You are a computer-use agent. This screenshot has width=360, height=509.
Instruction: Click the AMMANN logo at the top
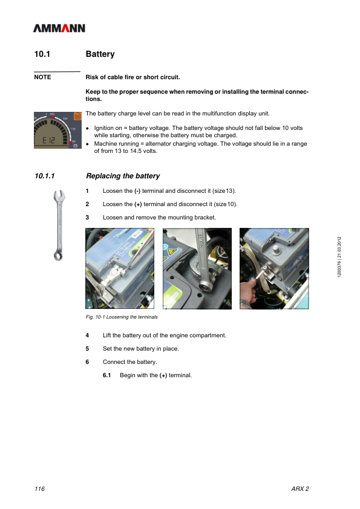coord(59,28)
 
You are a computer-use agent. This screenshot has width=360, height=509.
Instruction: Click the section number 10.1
coord(42,54)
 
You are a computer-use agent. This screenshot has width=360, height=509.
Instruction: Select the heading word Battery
coord(100,54)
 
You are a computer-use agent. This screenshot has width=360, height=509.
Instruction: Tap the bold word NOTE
coord(42,77)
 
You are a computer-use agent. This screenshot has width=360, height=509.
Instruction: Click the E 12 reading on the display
coord(49,140)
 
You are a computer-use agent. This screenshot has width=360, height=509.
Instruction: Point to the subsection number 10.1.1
coord(45,176)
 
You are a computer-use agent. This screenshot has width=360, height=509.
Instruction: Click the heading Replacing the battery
coord(123,176)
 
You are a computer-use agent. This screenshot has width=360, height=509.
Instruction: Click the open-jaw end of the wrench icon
coord(59,196)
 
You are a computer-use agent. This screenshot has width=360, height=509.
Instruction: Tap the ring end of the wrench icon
coord(58,256)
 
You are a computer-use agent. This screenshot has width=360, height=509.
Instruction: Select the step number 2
coord(87,204)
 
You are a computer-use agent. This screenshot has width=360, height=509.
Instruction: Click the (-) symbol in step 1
coord(137,191)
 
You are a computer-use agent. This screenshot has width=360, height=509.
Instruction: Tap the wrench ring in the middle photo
coord(205,287)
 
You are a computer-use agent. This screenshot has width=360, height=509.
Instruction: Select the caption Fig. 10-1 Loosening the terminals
coord(122,317)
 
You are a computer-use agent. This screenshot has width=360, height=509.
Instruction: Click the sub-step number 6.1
coord(107,375)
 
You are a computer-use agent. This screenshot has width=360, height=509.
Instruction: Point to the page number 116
coord(40,489)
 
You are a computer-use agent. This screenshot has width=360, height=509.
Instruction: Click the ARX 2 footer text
coord(300,489)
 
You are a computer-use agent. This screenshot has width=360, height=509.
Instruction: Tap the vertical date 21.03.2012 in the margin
coord(339,247)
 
